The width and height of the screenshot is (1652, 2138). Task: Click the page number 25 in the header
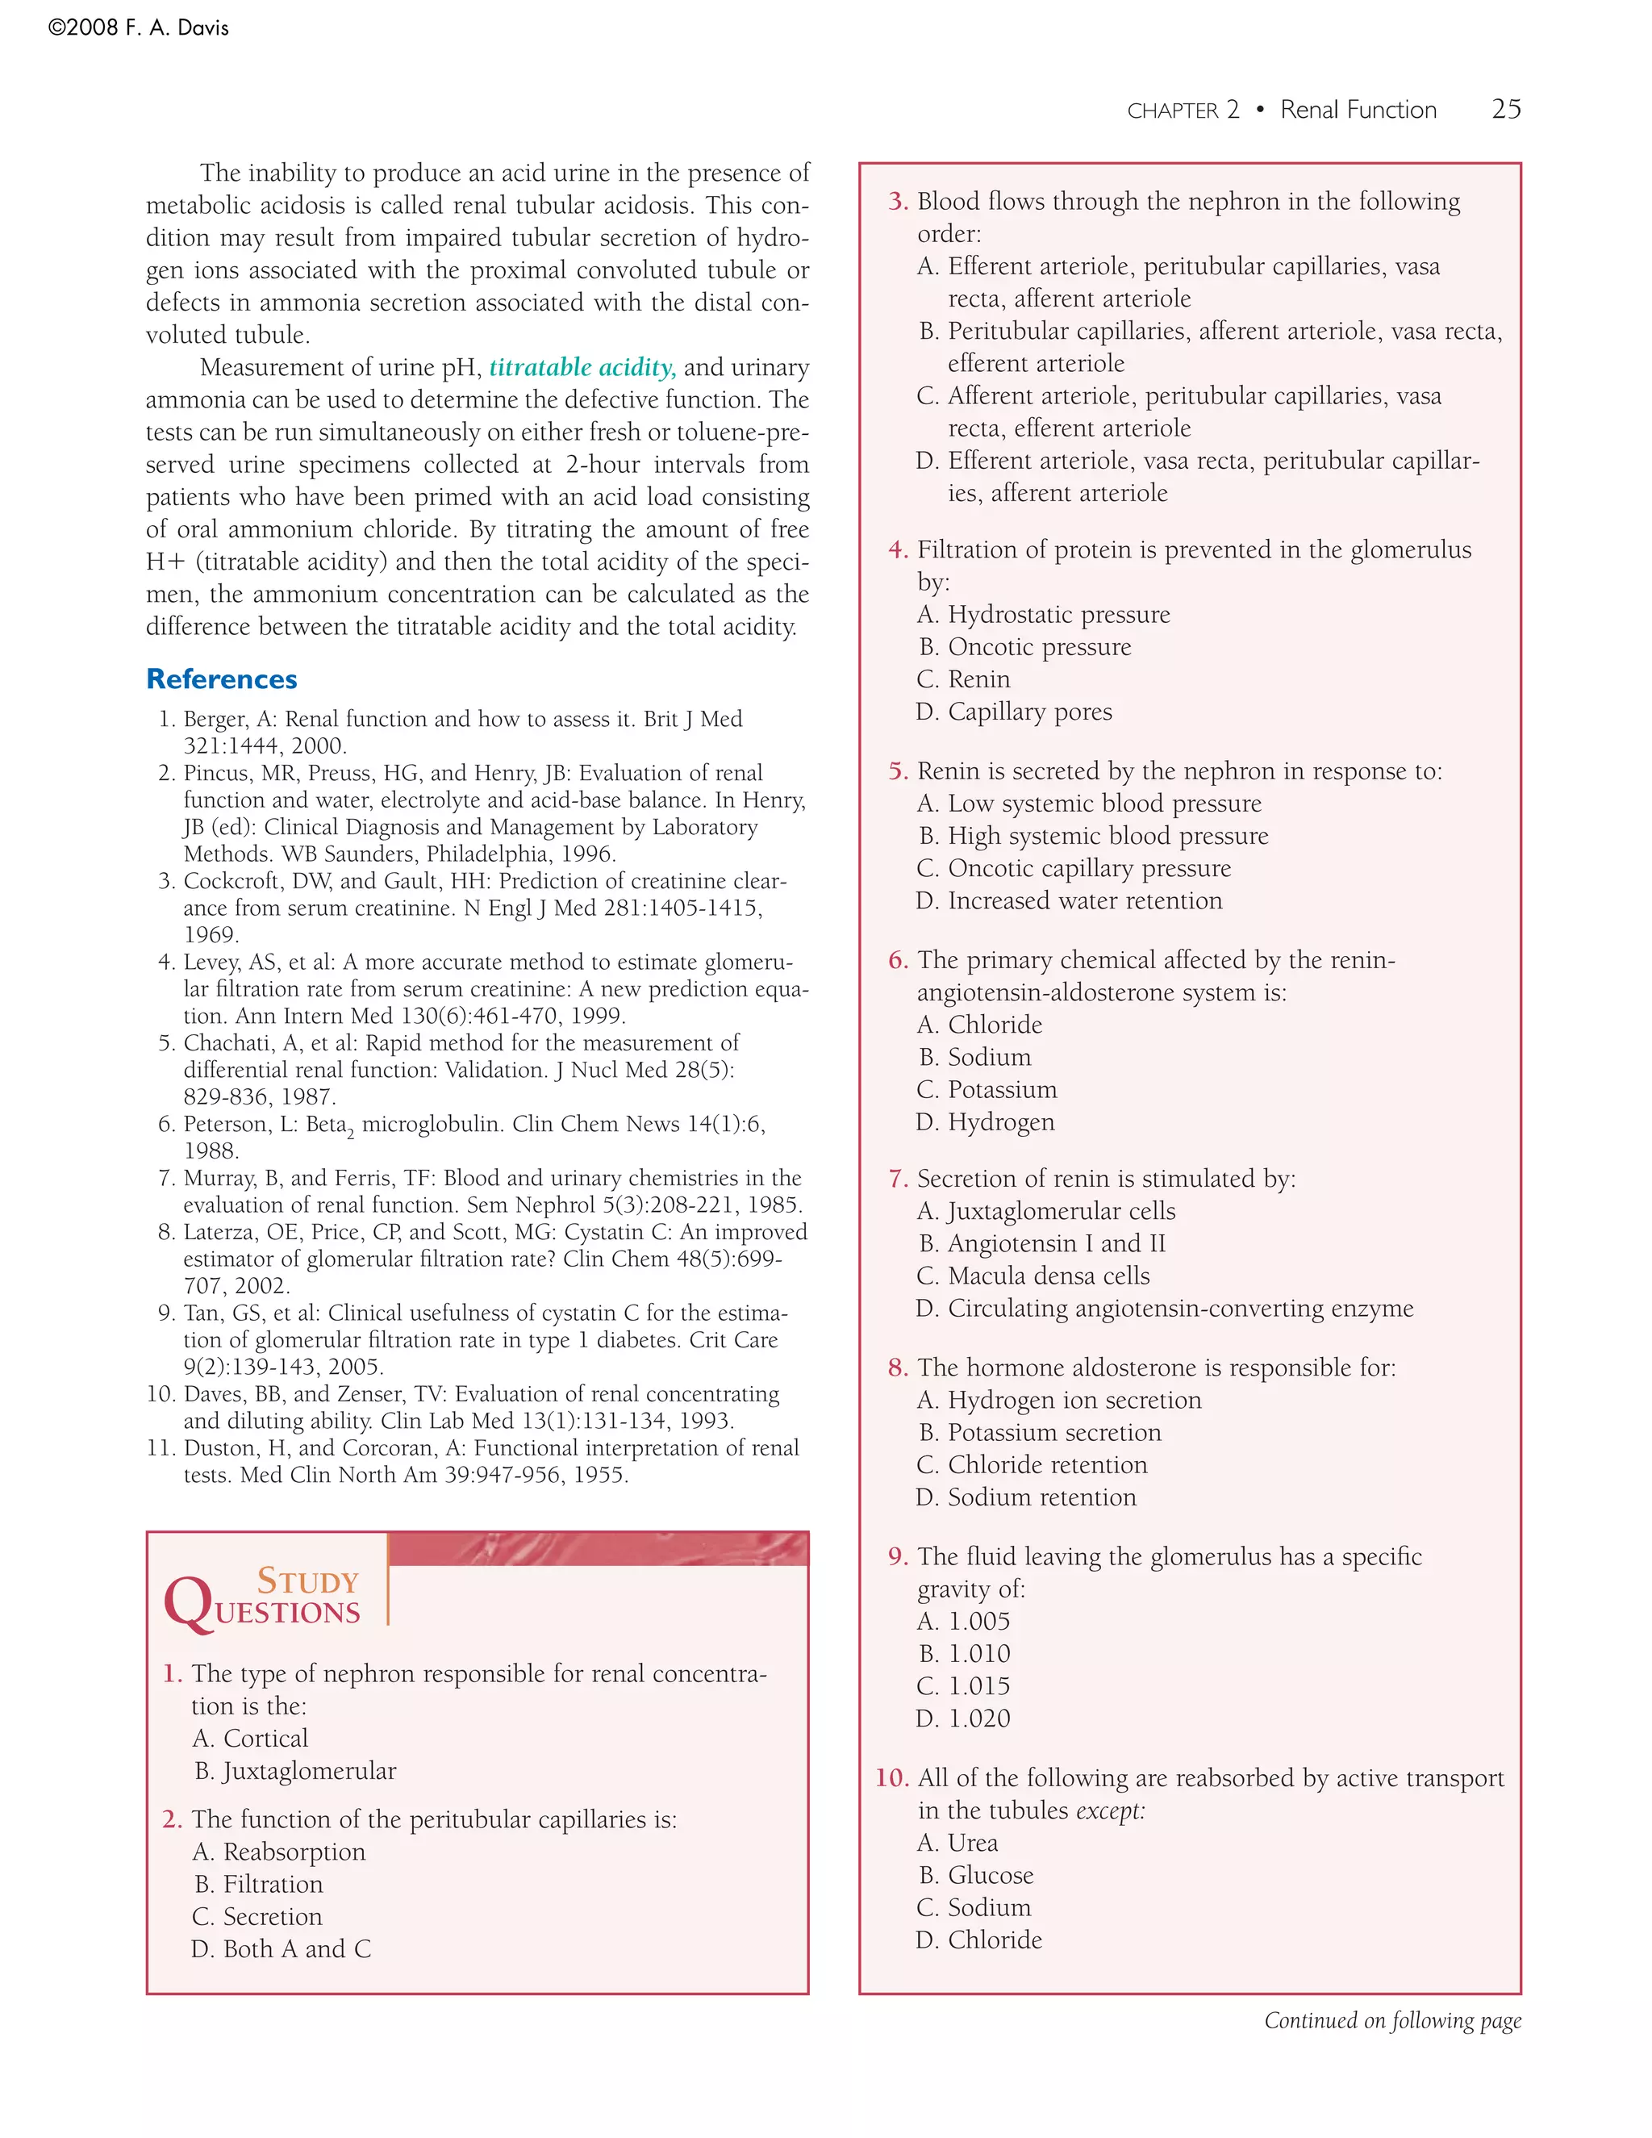[1505, 109]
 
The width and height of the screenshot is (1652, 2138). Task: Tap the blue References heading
[221, 679]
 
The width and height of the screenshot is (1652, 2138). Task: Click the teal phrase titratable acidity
[582, 367]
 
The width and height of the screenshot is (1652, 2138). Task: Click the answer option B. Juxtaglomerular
[294, 1770]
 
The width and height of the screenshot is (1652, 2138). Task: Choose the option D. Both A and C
[281, 1948]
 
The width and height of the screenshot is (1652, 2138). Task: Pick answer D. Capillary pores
[1014, 712]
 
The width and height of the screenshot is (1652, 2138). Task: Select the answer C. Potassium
[987, 1089]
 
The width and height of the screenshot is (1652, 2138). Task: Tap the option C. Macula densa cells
[1033, 1276]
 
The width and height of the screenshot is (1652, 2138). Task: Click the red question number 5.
[899, 771]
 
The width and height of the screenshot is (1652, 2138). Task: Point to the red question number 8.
[899, 1368]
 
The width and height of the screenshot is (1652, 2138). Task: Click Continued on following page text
[1391, 2020]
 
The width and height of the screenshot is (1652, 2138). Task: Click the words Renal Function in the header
[1358, 110]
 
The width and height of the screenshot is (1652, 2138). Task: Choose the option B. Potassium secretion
[1039, 1432]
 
